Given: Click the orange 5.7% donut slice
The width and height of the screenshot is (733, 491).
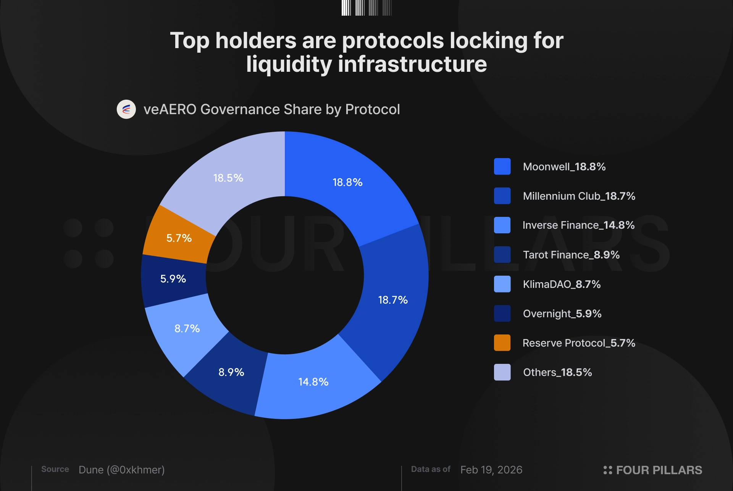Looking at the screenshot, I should (x=179, y=238).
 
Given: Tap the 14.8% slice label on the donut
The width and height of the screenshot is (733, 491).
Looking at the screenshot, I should (x=313, y=382).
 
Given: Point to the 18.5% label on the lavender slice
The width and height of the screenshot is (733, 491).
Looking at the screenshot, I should (x=228, y=178).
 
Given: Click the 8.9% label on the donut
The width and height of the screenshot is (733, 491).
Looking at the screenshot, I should (x=231, y=372).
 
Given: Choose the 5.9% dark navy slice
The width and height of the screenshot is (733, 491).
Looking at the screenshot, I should (x=173, y=279).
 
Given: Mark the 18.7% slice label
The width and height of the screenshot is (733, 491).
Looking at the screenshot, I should (x=393, y=300).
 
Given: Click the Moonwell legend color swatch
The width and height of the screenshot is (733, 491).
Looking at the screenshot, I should (x=502, y=166).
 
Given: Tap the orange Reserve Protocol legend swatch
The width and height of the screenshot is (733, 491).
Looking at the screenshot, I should (x=502, y=343).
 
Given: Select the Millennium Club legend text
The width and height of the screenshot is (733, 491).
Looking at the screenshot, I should (x=579, y=196).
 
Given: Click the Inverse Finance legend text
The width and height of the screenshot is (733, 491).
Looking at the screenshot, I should (x=578, y=225).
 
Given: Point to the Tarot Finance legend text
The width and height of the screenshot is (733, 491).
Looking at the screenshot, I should (x=571, y=255).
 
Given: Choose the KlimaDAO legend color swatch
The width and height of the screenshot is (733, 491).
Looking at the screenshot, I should (x=502, y=284).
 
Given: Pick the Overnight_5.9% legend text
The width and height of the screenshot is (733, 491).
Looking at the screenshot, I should (x=562, y=313).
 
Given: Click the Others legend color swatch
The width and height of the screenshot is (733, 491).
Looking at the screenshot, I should (x=502, y=372).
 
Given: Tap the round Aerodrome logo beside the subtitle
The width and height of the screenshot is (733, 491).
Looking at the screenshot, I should (x=126, y=110).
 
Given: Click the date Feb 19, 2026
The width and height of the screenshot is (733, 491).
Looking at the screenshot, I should (x=491, y=470).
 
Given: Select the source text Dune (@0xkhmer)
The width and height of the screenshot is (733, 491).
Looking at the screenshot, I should (x=121, y=470).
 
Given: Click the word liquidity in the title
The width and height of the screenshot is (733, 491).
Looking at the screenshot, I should (x=289, y=64).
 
